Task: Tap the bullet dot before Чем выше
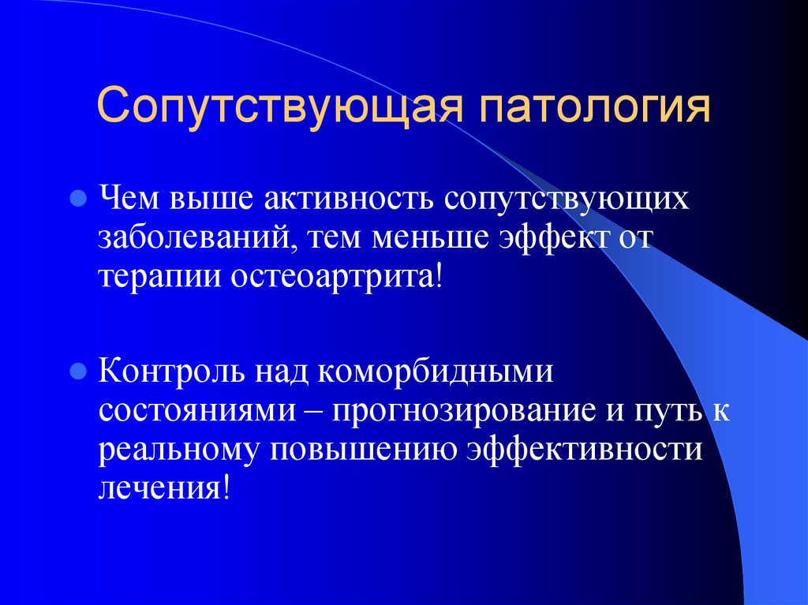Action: coord(77,198)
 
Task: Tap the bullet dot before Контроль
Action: coord(77,371)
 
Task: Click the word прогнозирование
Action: coord(461,413)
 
